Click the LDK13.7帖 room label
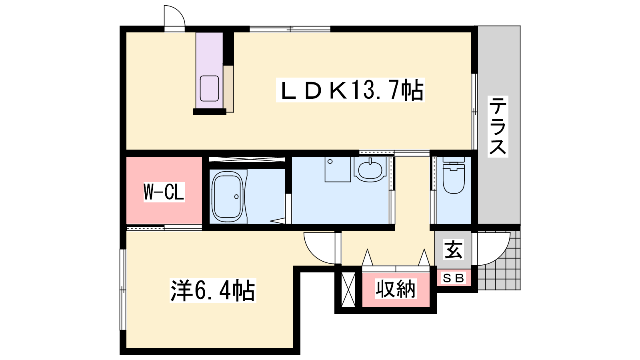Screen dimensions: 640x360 [x=350, y=90]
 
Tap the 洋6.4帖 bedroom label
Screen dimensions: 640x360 [x=213, y=290]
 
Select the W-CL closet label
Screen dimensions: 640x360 [x=164, y=192]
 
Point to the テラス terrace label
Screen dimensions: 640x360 [x=498, y=126]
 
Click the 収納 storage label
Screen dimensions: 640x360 [x=396, y=289]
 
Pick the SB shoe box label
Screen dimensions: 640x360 [x=454, y=278]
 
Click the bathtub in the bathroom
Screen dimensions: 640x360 [x=228, y=196]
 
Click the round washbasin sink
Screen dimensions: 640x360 [x=370, y=170]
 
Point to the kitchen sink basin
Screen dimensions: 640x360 [x=210, y=88]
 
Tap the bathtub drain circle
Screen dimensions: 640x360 [x=236, y=196]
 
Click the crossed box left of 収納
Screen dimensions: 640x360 [x=348, y=290]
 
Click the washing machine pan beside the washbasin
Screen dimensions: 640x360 [x=338, y=169]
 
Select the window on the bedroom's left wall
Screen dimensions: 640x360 [x=123, y=290]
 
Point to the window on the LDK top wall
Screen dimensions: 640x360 [x=290, y=29]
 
